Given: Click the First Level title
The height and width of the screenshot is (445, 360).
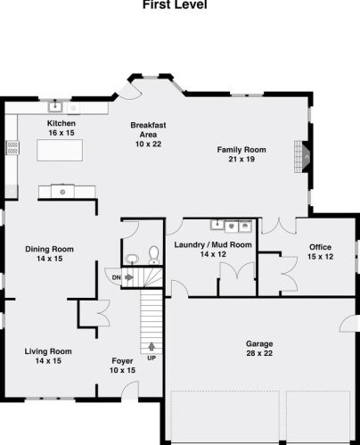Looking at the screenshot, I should pyautogui.click(x=175, y=4).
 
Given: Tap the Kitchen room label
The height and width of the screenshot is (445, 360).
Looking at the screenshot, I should pyautogui.click(x=61, y=123).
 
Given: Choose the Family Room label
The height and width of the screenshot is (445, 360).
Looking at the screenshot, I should pyautogui.click(x=241, y=150).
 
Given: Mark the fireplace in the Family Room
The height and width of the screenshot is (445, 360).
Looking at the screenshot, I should pyautogui.click(x=306, y=158).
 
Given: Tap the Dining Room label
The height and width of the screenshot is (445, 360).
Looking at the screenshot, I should pyautogui.click(x=49, y=249).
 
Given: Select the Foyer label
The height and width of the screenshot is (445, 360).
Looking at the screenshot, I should pyautogui.click(x=122, y=360).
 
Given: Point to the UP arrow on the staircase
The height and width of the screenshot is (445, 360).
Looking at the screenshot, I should pyautogui.click(x=150, y=346).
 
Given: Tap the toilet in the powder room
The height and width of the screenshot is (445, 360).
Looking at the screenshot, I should pyautogui.click(x=153, y=255).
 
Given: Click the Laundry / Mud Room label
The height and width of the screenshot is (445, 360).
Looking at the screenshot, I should pyautogui.click(x=213, y=244).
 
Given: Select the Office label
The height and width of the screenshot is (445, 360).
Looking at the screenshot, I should pyautogui.click(x=320, y=247).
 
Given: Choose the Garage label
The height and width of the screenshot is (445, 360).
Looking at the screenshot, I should pyautogui.click(x=259, y=343).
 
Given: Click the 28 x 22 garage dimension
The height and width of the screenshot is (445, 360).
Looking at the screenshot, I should pyautogui.click(x=259, y=354).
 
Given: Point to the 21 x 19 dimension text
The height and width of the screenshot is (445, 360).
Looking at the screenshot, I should pyautogui.click(x=241, y=160).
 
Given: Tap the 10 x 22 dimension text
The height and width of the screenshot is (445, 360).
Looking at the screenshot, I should pyautogui.click(x=149, y=144).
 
